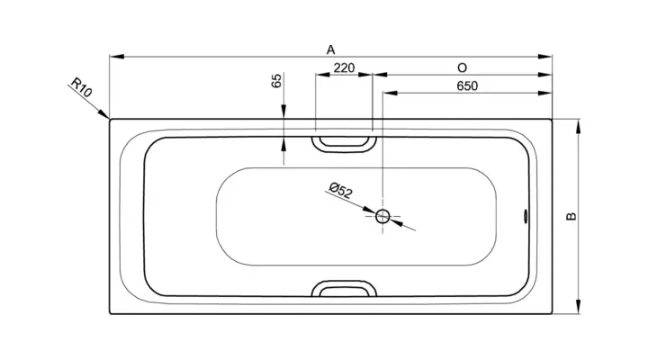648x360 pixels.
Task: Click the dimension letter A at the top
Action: click(330, 50)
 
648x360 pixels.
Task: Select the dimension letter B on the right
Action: click(571, 216)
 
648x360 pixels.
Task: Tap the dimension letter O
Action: click(462, 67)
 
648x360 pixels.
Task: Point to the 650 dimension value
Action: click(467, 86)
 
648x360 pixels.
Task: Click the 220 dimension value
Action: click(344, 67)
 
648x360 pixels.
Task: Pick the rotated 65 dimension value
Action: click(276, 80)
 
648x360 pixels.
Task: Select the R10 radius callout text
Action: click(81, 87)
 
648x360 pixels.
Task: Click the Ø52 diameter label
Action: click(341, 191)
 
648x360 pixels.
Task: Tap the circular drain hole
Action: click(382, 216)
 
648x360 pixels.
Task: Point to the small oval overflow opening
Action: click(526, 216)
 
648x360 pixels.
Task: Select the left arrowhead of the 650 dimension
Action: click(390, 93)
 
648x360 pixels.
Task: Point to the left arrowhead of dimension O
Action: click(380, 75)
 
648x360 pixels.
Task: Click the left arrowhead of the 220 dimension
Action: click(323, 75)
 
